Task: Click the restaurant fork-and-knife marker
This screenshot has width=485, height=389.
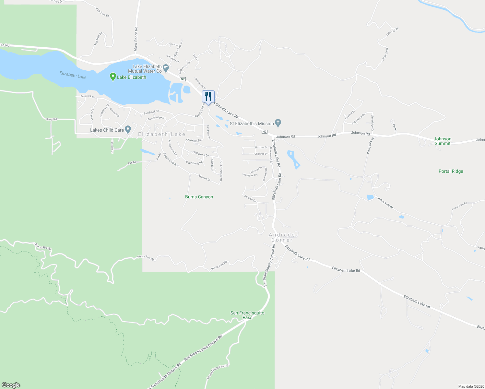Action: pos(208,97)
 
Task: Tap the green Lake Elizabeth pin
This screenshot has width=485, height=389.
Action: pos(113,77)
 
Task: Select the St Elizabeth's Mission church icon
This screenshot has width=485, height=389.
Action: pos(278,123)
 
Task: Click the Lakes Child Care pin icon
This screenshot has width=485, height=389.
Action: pos(128,130)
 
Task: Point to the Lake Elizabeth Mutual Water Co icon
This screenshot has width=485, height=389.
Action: pos(166,68)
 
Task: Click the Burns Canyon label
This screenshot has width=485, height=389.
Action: pos(199,197)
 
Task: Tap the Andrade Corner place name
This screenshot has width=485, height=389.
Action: pos(282,237)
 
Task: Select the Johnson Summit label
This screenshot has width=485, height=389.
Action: pos(443,141)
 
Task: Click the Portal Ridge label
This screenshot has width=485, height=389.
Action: pos(451,171)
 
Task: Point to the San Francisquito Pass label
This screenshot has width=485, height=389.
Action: pos(247,315)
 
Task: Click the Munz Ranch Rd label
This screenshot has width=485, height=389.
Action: pos(136,39)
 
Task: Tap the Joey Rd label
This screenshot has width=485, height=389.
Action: pos(52,119)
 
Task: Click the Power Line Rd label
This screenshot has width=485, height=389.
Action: pos(459,206)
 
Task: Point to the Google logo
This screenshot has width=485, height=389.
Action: pos(11,385)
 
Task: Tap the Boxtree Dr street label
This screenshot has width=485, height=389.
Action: pos(261,147)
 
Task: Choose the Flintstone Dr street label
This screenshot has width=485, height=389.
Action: pos(201,154)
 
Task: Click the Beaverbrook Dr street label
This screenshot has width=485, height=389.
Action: pos(221,171)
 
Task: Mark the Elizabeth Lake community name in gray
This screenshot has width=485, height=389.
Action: pos(162,134)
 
